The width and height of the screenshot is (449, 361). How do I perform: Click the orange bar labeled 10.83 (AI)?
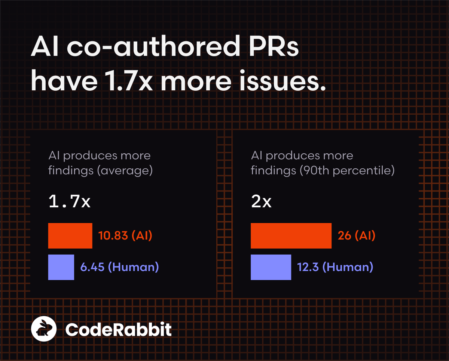click(70, 236)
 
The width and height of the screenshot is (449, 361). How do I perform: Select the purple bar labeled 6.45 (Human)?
click(61, 267)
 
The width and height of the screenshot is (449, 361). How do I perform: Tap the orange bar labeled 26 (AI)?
click(291, 236)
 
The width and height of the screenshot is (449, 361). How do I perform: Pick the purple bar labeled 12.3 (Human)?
click(271, 267)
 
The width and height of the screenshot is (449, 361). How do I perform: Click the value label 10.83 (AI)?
click(125, 236)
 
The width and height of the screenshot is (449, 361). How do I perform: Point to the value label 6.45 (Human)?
click(120, 267)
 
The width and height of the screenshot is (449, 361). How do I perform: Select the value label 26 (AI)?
click(356, 236)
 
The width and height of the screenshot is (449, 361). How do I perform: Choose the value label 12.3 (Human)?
click(335, 267)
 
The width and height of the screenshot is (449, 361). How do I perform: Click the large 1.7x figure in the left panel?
click(70, 202)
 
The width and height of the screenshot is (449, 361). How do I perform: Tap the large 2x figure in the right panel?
click(261, 202)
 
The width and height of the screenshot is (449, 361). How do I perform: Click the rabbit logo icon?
click(44, 329)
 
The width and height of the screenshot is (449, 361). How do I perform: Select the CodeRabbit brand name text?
click(118, 329)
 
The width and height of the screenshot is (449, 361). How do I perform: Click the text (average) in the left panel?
click(125, 171)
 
